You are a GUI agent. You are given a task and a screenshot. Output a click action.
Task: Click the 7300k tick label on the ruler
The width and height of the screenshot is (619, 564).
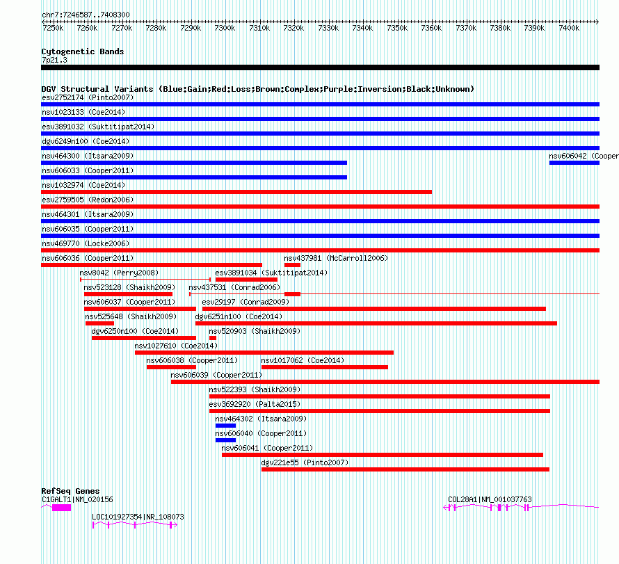coord(225,28)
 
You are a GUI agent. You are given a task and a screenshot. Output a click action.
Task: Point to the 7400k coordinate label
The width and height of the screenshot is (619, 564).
coord(569,28)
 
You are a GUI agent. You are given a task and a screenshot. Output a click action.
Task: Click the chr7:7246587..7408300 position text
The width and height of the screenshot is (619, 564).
coord(86,15)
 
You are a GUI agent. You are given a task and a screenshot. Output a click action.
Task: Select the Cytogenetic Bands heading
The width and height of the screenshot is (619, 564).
coord(83,51)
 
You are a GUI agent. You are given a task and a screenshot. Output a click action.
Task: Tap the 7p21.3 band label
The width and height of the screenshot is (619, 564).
coord(54,61)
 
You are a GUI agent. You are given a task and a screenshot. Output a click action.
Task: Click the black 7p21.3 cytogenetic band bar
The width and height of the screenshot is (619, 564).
coord(320,67)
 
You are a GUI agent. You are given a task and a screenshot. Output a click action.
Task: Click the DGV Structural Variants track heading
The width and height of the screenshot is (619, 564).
coord(257,89)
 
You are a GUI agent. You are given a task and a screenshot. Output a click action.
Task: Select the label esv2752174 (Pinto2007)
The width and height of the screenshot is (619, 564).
coord(88,98)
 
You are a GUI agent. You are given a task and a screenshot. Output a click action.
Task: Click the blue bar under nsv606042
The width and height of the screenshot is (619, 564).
coord(574,163)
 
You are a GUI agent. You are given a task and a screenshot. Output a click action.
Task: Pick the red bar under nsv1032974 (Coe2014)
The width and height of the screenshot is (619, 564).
coord(236,192)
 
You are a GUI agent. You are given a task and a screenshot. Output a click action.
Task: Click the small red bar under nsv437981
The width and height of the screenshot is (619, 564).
coord(292,265)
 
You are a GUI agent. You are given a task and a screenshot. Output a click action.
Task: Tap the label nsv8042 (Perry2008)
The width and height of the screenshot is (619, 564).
coord(119,273)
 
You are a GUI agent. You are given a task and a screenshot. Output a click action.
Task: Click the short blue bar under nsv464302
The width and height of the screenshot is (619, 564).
coord(225,426)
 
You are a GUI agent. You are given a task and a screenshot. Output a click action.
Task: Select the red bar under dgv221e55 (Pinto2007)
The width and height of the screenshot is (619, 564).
coord(405,469)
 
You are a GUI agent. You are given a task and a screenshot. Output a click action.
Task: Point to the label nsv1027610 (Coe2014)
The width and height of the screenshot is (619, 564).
coord(176,346)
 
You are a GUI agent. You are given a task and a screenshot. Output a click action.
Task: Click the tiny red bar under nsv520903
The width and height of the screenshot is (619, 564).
coord(213,338)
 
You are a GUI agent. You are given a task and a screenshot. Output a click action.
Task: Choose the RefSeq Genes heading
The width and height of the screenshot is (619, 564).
coord(70,491)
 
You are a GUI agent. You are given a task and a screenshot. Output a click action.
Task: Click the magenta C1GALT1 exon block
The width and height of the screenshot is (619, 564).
coord(62,508)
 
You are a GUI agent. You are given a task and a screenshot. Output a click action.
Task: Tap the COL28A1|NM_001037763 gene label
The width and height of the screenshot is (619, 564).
coord(490,499)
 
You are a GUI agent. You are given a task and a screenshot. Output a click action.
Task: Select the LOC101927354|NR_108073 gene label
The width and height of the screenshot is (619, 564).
coord(138,517)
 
